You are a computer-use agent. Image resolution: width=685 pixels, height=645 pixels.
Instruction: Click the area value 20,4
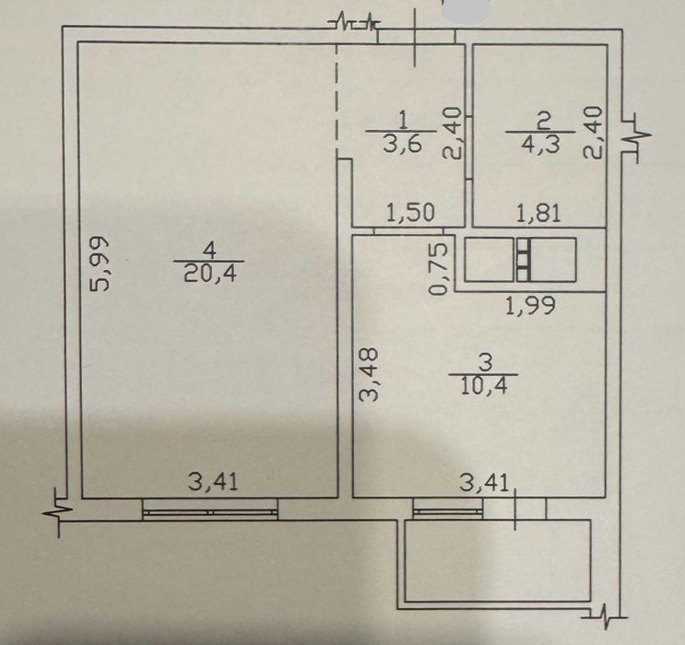pos(210,275)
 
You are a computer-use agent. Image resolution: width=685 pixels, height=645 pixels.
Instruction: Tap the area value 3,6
pos(402,143)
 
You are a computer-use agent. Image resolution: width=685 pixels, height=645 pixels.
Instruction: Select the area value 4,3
pos(540,144)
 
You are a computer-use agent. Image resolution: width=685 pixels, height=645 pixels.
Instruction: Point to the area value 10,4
pos(484,386)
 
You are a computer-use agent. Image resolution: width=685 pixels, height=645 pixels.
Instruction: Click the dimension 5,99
pos(100,264)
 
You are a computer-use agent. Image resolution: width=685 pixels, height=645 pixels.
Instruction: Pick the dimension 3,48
pos(368,374)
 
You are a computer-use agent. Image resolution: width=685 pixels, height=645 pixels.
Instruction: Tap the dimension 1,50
pos(411,213)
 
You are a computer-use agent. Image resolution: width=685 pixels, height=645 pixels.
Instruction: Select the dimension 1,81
pos(538,214)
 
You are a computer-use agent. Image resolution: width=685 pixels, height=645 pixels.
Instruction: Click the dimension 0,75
pos(439,268)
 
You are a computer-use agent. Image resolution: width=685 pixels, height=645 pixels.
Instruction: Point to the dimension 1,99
pos(530,305)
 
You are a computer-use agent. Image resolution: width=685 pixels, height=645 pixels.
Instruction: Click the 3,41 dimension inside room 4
pos(213,482)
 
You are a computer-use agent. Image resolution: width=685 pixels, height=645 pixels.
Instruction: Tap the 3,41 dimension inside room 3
pos(485,484)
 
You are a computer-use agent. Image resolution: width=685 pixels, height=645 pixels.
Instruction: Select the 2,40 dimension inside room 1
pos(452,134)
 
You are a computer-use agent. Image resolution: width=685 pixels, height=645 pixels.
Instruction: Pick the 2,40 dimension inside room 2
pos(593,133)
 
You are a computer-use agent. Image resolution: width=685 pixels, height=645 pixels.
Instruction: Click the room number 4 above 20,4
pos(210,252)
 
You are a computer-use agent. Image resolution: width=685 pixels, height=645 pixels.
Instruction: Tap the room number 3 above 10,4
pos(485,362)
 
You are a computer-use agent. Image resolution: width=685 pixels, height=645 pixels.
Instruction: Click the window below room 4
pos(210,510)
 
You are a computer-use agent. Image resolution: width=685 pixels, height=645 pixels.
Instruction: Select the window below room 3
pos(448,509)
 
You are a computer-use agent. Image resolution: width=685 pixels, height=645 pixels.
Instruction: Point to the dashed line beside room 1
pos(337,101)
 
